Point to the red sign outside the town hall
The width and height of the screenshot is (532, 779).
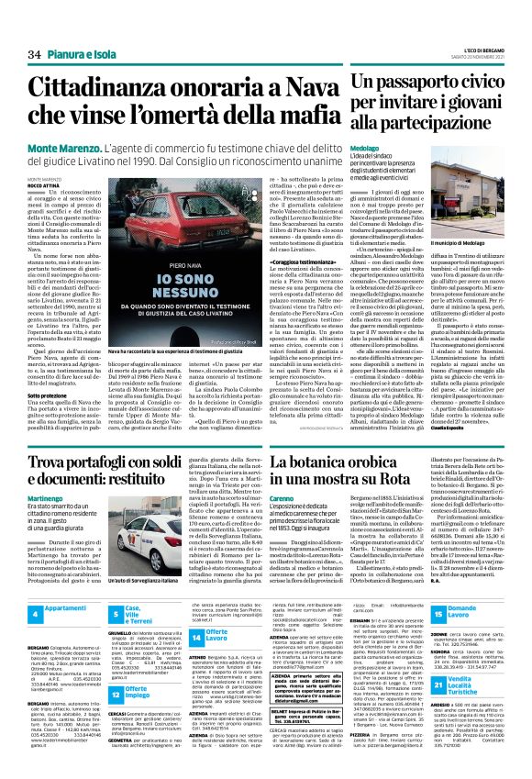click(470, 220)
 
